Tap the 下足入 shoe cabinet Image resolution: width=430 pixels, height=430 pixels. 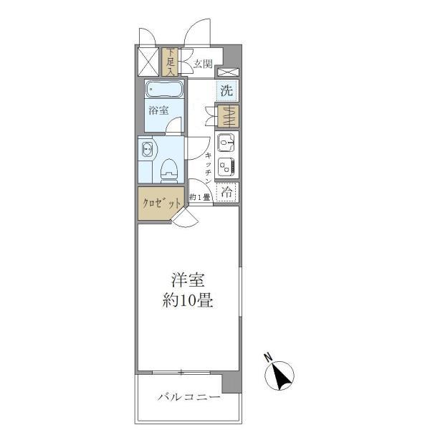tap(171, 62)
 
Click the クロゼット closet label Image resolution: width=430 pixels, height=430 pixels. tap(160, 204)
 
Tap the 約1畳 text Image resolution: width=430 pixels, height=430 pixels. tap(200, 197)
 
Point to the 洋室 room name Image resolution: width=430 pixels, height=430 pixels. tap(185, 279)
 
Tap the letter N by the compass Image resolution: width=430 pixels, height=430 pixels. tap(267, 356)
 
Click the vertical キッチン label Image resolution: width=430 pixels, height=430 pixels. tap(207, 166)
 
